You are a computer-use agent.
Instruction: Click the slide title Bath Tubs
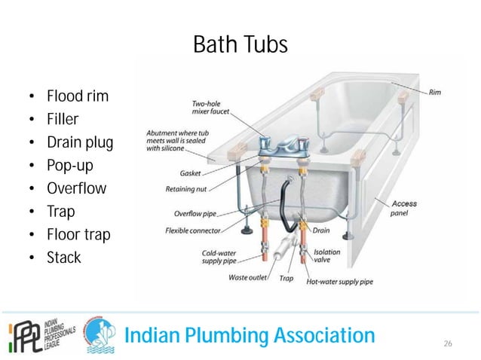point(240,44)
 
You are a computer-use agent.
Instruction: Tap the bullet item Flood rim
point(77,96)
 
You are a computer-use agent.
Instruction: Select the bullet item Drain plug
point(80,142)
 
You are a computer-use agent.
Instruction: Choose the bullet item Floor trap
point(78,234)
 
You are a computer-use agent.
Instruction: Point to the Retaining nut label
point(185,190)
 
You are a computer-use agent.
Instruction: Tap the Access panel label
point(404,209)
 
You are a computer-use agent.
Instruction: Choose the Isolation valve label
point(328,257)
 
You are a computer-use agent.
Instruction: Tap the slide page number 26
point(448,343)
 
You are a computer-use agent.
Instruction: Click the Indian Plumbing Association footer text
point(249,334)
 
